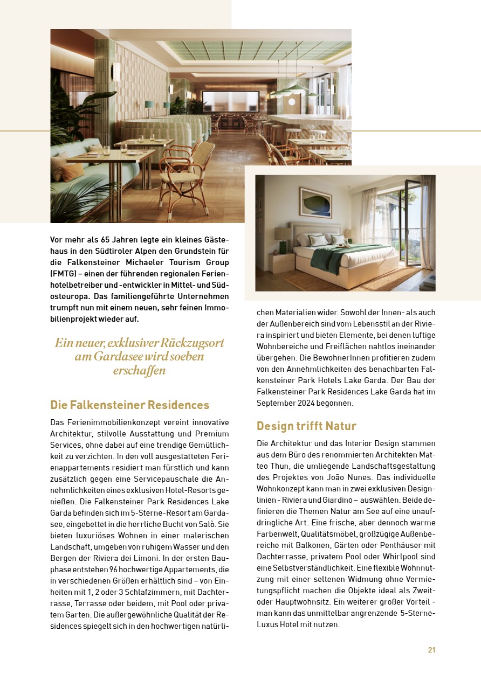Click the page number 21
[431, 650]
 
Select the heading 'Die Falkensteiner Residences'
[129, 405]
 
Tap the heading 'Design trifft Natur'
[306, 426]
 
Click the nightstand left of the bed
[281, 263]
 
